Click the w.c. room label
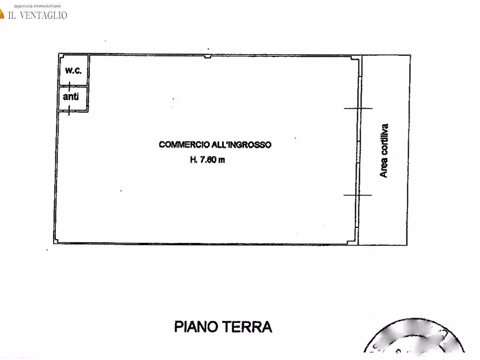coord(73,70)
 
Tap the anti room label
coord(71,97)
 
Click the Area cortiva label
coord(384,151)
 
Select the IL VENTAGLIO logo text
coord(37,15)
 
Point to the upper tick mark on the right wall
coord(358,109)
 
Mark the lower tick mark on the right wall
coord(357,195)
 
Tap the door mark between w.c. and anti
coord(69,86)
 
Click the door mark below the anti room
coord(69,112)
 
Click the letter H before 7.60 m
coord(192,160)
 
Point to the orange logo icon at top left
coord(2,15)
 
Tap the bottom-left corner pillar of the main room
coord(56,241)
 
